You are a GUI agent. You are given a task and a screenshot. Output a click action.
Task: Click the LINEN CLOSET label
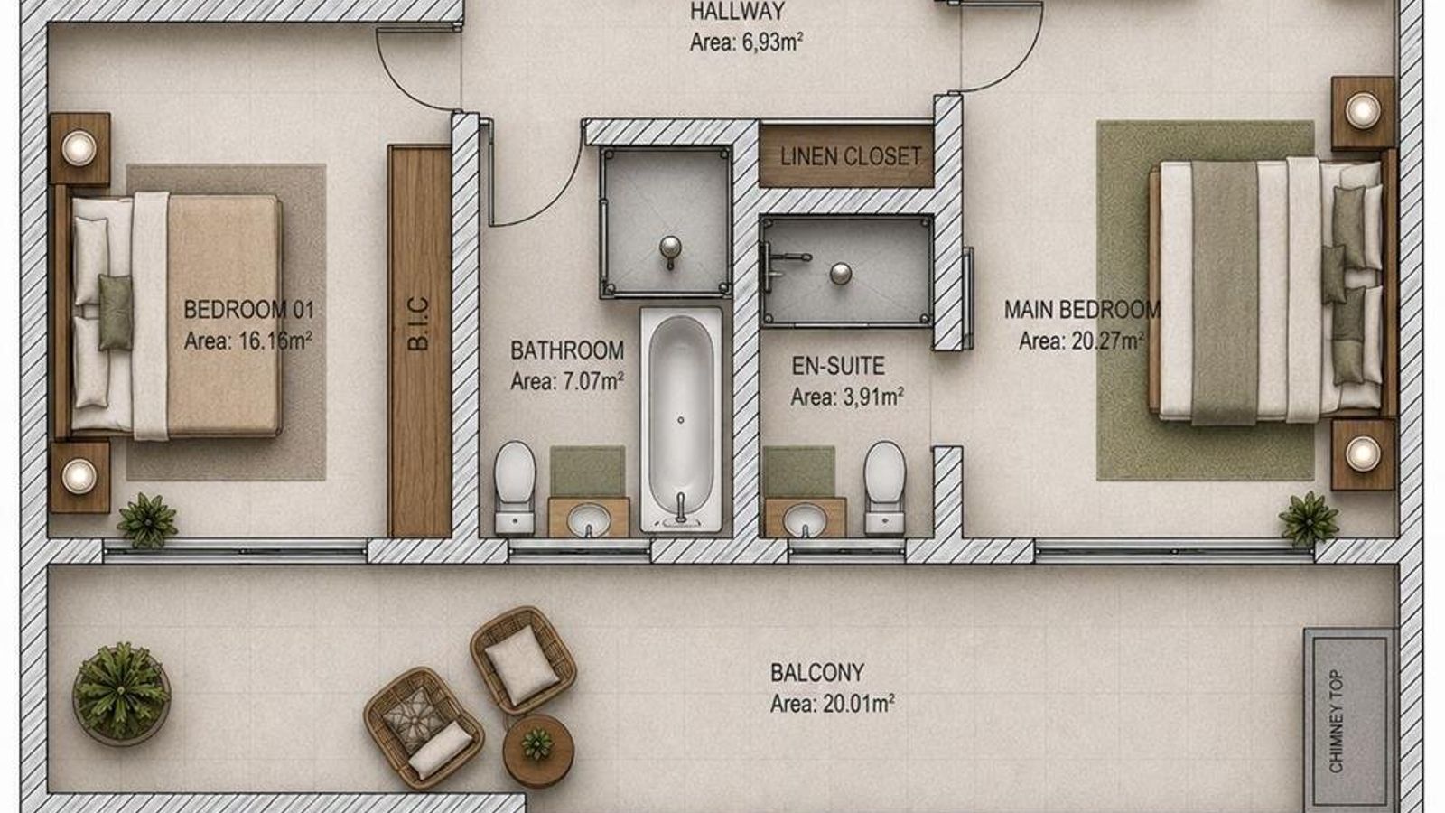(850, 156)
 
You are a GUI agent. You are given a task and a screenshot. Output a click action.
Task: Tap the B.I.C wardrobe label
(419, 323)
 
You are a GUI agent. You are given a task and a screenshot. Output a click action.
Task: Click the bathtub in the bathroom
(681, 419)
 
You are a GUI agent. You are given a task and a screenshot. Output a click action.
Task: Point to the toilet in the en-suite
(884, 488)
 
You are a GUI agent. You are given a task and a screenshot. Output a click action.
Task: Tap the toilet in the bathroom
(515, 488)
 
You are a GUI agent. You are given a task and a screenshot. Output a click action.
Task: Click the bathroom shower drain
(670, 248)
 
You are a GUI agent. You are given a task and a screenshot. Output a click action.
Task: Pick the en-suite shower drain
(841, 274)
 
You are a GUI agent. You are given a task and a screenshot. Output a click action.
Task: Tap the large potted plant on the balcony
(121, 692)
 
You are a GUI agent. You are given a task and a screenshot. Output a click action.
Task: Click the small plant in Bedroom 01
(148, 520)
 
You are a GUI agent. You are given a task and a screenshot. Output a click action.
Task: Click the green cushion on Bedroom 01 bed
(116, 313)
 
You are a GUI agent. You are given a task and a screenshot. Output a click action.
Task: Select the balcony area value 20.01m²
(859, 704)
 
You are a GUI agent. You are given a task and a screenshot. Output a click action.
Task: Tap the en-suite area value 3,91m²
(873, 397)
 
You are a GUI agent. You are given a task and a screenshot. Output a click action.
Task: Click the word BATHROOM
(567, 350)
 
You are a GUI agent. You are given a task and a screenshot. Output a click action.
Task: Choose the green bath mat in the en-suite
(799, 472)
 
